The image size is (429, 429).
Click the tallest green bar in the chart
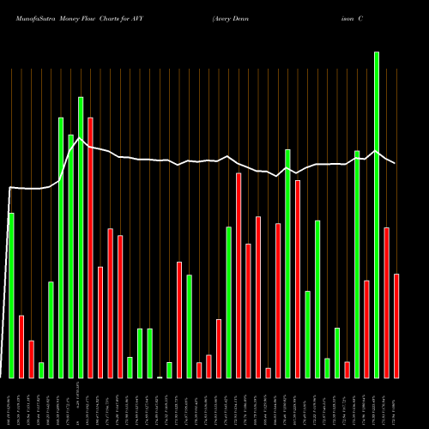[377, 214]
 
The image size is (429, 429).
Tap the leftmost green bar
[11, 295]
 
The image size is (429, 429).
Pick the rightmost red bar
[396, 326]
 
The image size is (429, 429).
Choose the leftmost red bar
[21, 347]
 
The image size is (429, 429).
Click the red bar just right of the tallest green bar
[387, 302]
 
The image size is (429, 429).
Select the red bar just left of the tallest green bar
[367, 329]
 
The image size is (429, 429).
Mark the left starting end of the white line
[9, 187]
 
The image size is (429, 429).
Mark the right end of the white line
[396, 163]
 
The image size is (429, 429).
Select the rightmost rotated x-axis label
[396, 403]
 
